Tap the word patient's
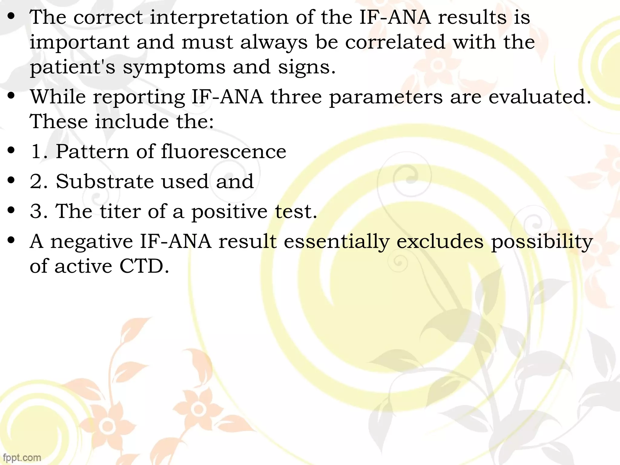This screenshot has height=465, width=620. click(x=72, y=67)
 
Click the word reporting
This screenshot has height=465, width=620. click(x=139, y=98)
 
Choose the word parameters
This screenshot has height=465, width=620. click(x=386, y=98)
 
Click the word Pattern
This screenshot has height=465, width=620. click(x=92, y=151)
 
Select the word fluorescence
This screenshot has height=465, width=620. click(x=223, y=151)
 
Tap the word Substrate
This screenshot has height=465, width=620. click(x=105, y=181)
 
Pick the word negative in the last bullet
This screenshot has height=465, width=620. click(x=91, y=242)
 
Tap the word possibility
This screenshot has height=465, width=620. click(x=542, y=242)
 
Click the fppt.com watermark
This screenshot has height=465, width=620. click(x=22, y=457)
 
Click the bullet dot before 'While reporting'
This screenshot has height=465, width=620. click(x=12, y=96)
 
